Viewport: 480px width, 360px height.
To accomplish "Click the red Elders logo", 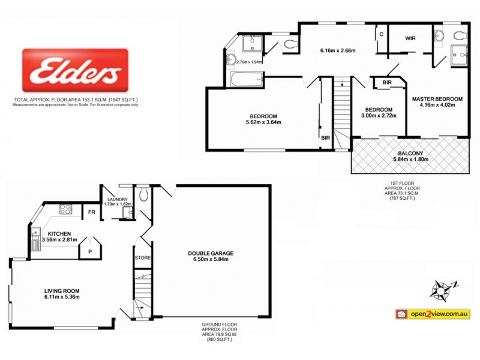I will (75, 71).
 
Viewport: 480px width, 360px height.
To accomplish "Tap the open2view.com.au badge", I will (432, 314).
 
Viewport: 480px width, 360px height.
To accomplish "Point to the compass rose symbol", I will (443, 289).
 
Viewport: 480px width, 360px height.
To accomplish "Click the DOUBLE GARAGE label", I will (210, 253).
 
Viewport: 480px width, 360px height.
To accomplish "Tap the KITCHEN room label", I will (56, 233).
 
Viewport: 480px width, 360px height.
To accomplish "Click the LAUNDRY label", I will (118, 199).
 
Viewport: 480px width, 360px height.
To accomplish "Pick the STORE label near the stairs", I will (143, 258).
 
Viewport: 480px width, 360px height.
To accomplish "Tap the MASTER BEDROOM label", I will (437, 98).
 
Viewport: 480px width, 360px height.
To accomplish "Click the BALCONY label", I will (409, 154).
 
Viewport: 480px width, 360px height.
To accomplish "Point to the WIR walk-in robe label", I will (410, 38).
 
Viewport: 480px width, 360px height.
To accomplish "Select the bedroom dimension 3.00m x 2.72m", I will (379, 116).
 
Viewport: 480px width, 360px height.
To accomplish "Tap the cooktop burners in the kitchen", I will (65, 209).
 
